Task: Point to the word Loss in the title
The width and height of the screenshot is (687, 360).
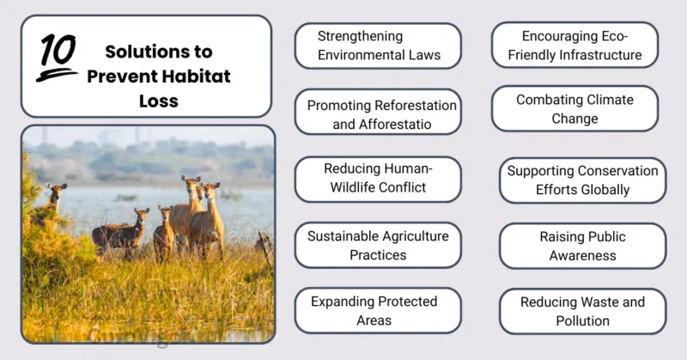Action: click(158, 101)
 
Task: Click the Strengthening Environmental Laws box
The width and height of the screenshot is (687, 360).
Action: click(378, 46)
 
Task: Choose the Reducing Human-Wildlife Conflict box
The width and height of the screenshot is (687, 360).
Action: click(378, 179)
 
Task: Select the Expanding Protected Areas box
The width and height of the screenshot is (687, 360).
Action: click(378, 310)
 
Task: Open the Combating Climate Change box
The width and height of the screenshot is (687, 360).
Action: click(575, 109)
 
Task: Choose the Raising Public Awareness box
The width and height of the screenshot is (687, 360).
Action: click(582, 246)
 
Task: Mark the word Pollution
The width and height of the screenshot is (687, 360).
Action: click(582, 320)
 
